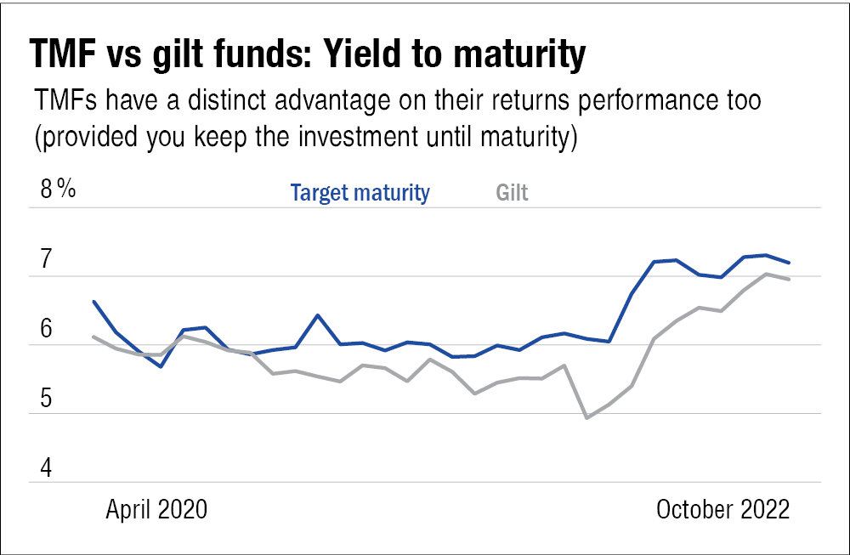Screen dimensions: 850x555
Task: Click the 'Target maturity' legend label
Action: tap(360, 192)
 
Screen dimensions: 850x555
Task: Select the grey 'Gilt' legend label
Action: tap(512, 192)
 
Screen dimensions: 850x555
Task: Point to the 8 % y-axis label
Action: tap(58, 189)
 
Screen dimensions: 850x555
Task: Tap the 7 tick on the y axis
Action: tap(46, 258)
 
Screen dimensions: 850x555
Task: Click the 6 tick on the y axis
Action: tap(46, 328)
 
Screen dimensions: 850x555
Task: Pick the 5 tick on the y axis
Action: tap(46, 399)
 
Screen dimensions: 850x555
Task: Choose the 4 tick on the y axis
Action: tap(46, 467)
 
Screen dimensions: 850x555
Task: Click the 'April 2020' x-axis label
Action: tap(156, 509)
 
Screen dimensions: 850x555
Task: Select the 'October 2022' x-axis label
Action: tap(723, 509)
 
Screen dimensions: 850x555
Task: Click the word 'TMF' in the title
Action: tap(63, 54)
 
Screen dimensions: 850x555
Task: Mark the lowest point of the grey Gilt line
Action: tap(586, 418)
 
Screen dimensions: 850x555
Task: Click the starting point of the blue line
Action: tap(93, 302)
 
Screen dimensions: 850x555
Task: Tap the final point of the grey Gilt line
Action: tap(789, 279)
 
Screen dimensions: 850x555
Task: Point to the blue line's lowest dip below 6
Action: tap(161, 367)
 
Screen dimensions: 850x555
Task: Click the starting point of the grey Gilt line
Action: tap(93, 337)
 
